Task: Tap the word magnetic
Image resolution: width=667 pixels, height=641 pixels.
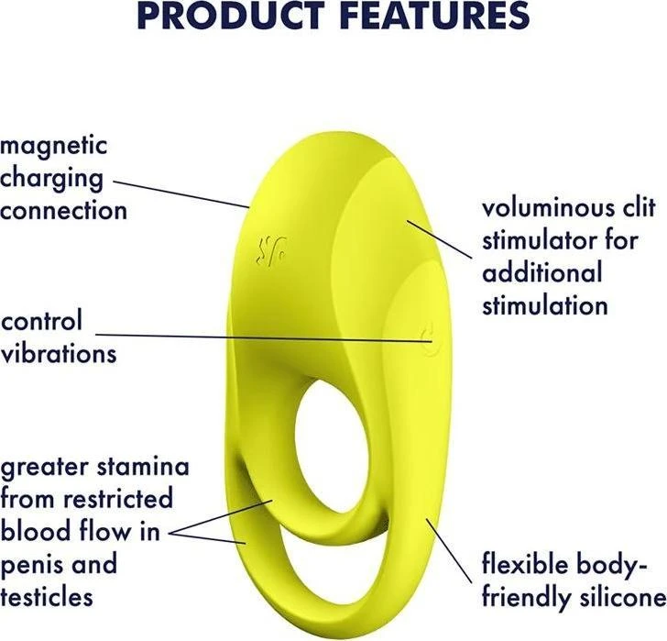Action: pos(53,146)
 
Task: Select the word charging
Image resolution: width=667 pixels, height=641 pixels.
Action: pos(51,179)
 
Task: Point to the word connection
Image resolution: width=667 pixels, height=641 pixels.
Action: pos(64,211)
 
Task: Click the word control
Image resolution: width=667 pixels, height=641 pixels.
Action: pos(41,321)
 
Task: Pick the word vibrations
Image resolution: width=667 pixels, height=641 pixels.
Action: pos(59,354)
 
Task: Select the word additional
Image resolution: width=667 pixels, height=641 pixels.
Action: pos(542,273)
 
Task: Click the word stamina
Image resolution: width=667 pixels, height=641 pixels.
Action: pos(143,467)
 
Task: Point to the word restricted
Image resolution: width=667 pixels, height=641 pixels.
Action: pos(118,499)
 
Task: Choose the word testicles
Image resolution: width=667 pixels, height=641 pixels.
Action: pos(47,597)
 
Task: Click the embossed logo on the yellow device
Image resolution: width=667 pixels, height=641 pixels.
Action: pos(272,250)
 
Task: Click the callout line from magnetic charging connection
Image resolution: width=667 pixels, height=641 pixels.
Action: pos(180,194)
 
